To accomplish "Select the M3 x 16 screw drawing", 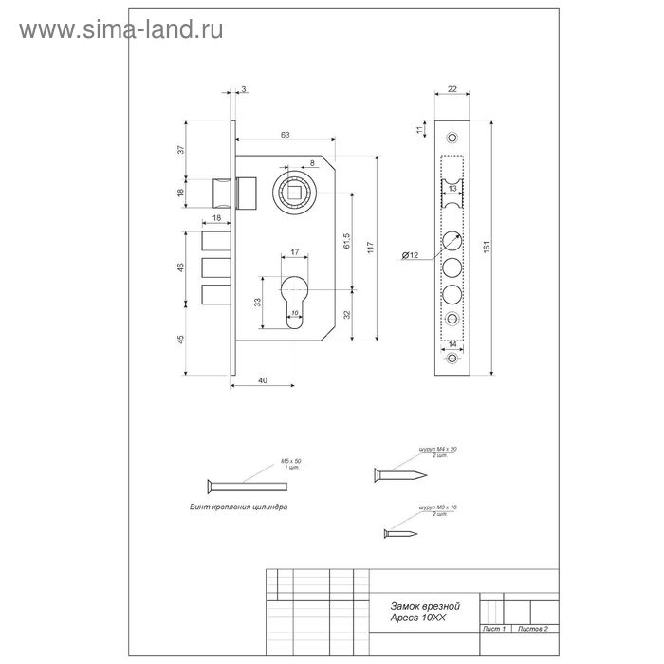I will point(400,534).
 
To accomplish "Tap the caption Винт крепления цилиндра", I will point(239,507).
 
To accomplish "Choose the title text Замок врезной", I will point(426,604).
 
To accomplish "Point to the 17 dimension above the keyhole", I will point(295,251).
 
